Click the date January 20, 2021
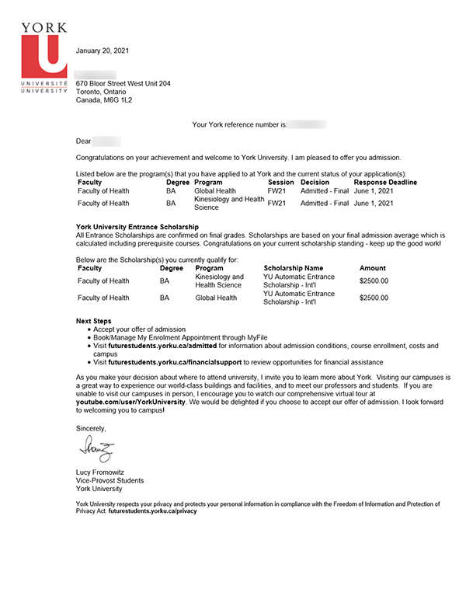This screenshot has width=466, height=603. tap(103, 51)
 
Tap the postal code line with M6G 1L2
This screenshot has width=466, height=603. tap(104, 100)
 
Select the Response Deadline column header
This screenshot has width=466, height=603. tap(385, 183)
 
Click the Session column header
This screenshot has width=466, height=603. tap(280, 183)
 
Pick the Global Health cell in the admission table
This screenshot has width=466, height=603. tap(215, 190)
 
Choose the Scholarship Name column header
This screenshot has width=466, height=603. tap(293, 268)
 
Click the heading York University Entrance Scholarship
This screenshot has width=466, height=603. tap(137, 227)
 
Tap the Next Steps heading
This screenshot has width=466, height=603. tap(94, 321)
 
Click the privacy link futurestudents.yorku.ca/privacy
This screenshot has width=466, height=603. tap(153, 511)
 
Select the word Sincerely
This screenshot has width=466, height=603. tap(91, 428)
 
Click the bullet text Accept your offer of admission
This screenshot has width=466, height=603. tap(140, 329)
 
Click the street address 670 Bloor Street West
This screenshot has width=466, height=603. tap(123, 83)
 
